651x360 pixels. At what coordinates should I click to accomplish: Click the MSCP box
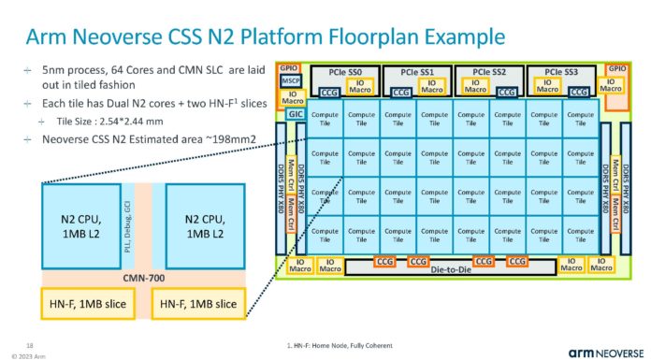290,82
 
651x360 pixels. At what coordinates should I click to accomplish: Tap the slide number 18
30,344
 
